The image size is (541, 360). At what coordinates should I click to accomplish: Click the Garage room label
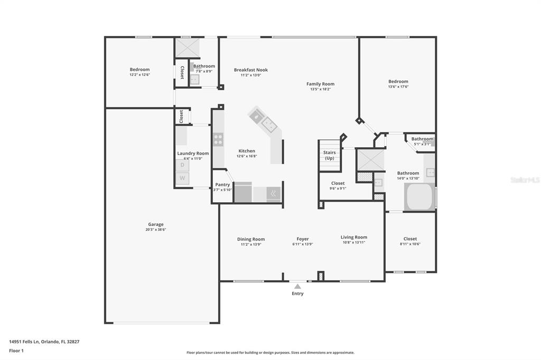(156, 224)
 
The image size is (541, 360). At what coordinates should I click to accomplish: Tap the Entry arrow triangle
(298, 287)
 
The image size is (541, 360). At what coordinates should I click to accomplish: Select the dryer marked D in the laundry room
(182, 165)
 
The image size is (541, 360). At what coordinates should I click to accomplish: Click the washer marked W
(182, 178)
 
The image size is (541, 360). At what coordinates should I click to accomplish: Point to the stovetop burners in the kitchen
(218, 140)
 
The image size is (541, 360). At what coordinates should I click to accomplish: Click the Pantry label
(222, 184)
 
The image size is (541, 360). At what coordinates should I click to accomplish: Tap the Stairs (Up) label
(330, 155)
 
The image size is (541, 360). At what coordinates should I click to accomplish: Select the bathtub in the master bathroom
(420, 196)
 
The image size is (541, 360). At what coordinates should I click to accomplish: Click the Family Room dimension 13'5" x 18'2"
(321, 89)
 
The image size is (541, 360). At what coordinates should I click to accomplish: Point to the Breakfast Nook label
(251, 70)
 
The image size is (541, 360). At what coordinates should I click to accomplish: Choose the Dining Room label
(251, 239)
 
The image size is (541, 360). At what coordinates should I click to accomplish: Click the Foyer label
(303, 239)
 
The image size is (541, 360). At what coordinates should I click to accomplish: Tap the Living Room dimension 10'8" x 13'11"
(354, 242)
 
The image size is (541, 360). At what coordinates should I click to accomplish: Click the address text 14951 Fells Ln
(24, 342)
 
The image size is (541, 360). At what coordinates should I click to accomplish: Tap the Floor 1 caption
(16, 350)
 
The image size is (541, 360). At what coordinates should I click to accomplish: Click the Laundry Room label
(193, 153)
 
